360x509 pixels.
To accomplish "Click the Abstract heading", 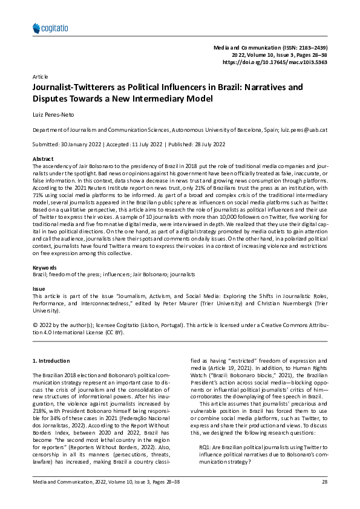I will [x=42, y=158].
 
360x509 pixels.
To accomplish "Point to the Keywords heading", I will [x=44, y=268].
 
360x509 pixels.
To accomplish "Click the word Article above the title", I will [x=40, y=77].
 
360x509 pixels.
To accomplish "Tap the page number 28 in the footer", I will [x=324, y=498].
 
